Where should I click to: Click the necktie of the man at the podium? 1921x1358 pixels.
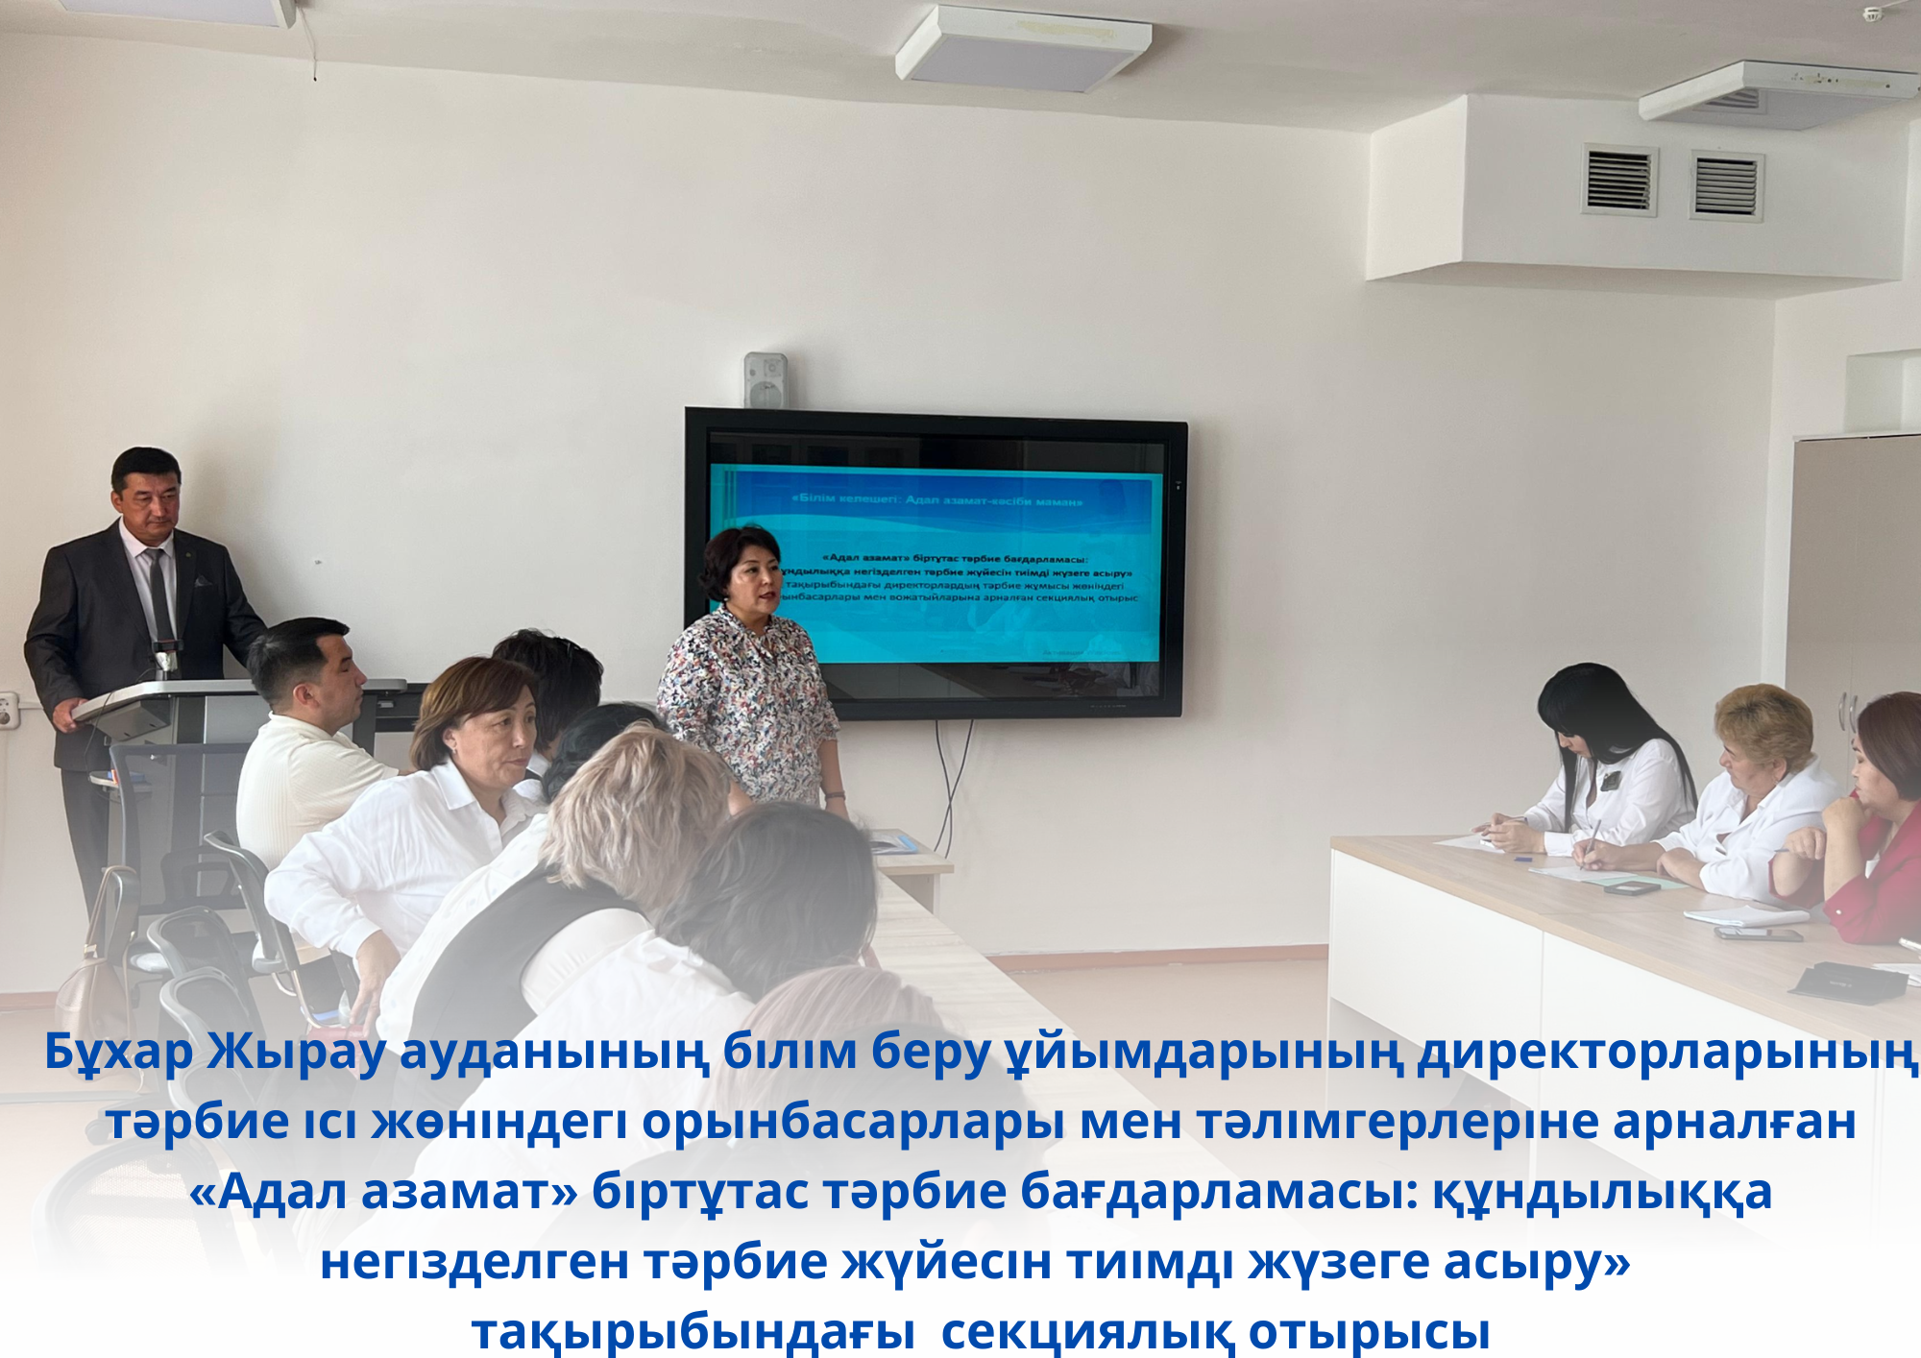coord(159,595)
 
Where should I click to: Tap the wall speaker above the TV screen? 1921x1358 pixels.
coord(766,380)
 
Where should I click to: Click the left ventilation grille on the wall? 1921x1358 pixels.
coord(1619,180)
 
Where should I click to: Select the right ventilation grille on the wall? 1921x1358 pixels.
coord(1726,185)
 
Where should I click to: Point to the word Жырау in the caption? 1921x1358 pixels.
coord(297,1053)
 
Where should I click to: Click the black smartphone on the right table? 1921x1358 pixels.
coord(1758,933)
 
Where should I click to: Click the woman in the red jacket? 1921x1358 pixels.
coord(1873,826)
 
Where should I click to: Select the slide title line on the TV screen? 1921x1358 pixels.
coord(936,500)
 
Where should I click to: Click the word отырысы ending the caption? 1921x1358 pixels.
coord(1369,1332)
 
